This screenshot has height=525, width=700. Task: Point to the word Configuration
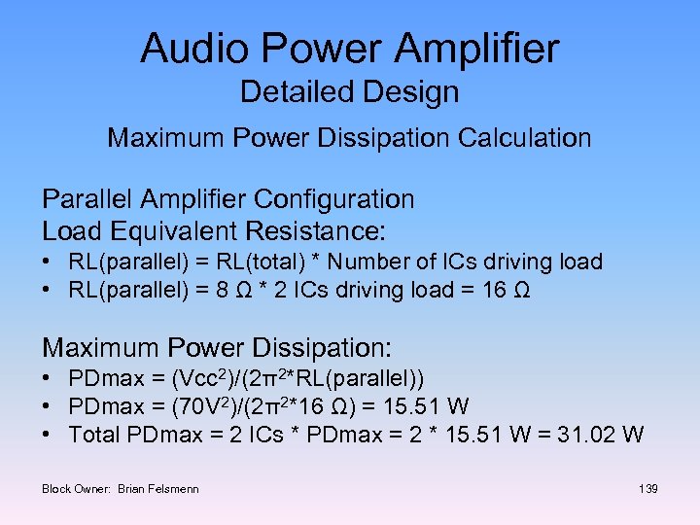[x=334, y=199]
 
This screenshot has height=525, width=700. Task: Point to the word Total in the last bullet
[x=94, y=434]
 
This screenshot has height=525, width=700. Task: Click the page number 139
[x=648, y=488]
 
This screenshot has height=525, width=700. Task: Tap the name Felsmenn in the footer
[x=174, y=488]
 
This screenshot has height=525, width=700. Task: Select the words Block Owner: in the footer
[x=77, y=488]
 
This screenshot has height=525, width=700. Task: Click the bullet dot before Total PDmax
[x=48, y=434]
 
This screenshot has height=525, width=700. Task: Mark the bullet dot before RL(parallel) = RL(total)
[x=48, y=262]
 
